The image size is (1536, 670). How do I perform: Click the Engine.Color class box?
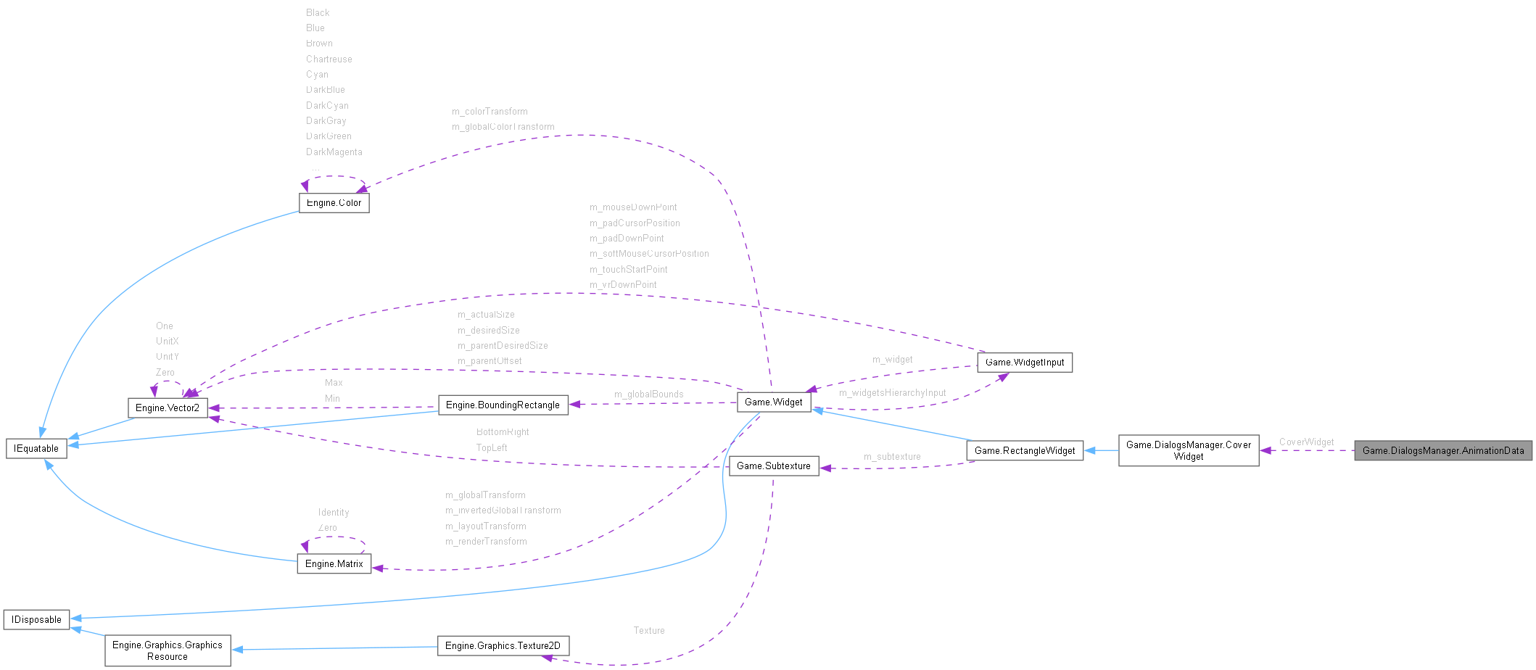334,203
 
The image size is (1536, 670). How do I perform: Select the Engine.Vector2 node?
168,408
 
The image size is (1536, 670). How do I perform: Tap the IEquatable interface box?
36,449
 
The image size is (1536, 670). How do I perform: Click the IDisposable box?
36,620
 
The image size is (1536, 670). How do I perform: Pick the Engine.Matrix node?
334,564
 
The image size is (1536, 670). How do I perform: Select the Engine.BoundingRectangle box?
503,405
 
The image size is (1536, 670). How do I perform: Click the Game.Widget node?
773,402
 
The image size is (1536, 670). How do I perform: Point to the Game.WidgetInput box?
1024,363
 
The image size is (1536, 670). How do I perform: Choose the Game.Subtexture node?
773,466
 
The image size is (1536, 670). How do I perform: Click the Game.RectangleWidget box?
1024,451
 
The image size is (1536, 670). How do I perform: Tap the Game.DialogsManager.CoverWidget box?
1188,450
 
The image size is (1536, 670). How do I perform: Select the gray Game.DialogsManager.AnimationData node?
1442,451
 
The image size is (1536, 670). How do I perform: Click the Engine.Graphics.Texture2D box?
503,646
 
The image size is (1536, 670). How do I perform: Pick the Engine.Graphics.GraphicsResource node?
168,650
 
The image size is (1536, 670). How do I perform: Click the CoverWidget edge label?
1306,442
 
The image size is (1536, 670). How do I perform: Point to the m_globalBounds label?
648,394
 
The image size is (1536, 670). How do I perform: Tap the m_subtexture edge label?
892,457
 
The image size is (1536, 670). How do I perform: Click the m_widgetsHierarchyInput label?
892,393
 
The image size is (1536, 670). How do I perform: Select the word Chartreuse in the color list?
329,59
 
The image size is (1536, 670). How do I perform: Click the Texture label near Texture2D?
648,631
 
